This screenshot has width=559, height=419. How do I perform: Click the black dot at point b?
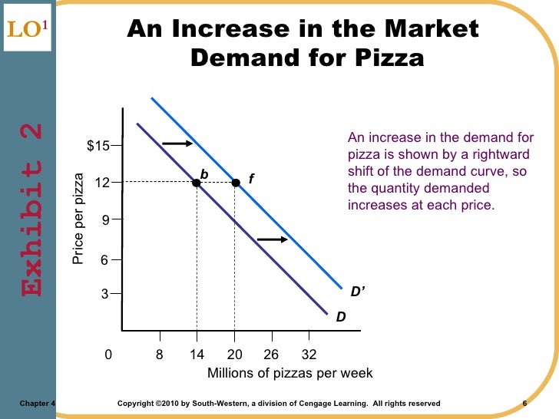(197, 183)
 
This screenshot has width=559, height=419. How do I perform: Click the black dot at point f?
(235, 183)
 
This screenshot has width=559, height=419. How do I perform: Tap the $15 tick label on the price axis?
(98, 146)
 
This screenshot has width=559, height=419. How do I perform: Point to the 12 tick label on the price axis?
(101, 183)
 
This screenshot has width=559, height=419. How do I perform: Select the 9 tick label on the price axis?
(105, 219)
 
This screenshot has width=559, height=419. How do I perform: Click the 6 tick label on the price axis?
(105, 260)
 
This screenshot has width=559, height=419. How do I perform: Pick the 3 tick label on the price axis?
(105, 294)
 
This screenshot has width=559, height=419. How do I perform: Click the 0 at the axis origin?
(108, 355)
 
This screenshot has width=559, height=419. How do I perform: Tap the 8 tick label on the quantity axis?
(160, 355)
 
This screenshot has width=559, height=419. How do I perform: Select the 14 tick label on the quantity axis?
(197, 355)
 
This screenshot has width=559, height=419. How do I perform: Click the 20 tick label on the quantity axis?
(235, 355)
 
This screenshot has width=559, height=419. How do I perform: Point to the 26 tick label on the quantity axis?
(271, 355)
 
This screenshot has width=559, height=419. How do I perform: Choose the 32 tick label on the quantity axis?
(309, 355)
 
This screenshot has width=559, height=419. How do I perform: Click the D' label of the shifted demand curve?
(358, 292)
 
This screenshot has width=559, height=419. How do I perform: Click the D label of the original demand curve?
(340, 316)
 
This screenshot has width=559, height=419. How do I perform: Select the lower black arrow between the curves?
(272, 240)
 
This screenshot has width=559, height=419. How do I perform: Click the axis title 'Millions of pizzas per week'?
(289, 374)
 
